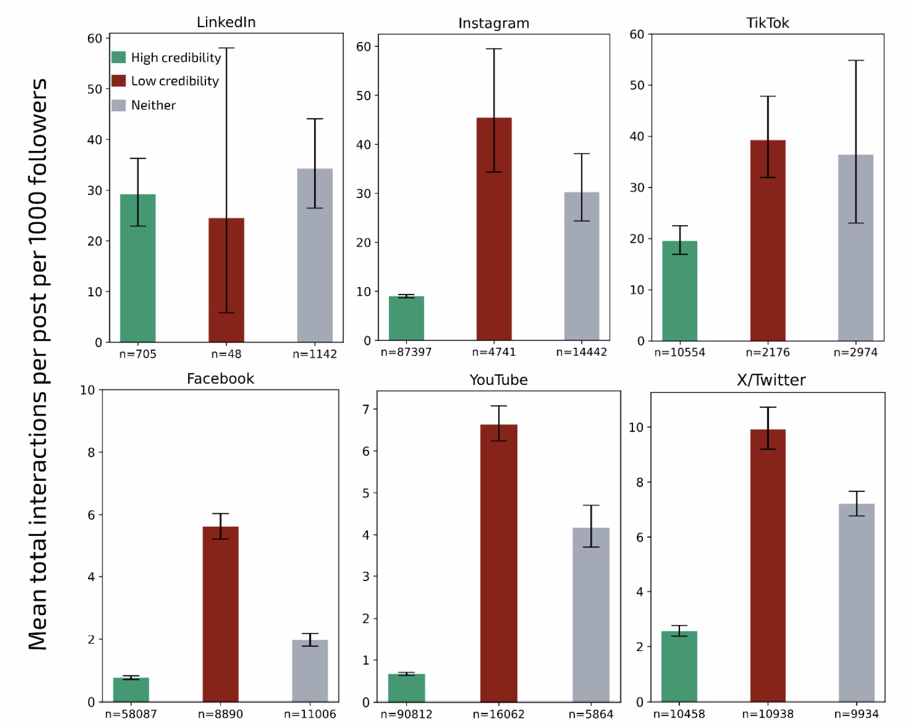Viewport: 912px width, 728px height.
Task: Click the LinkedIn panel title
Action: pos(226,23)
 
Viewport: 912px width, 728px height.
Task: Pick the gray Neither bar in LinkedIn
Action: pos(315,255)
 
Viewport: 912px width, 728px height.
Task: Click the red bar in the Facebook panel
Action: pos(220,614)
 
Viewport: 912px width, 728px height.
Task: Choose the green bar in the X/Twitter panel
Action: pos(679,666)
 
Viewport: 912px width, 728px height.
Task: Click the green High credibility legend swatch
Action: pos(119,57)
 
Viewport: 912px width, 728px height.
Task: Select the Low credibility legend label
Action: pos(175,81)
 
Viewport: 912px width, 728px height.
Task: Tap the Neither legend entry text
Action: pos(153,105)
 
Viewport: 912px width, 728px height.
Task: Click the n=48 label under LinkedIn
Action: pos(226,354)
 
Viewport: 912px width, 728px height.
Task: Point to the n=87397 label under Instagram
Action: pos(406,352)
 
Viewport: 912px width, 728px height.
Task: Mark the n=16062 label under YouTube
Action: pos(498,714)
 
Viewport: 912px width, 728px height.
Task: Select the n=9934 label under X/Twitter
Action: pos(856,714)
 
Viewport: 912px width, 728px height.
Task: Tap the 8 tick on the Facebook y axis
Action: pos(91,453)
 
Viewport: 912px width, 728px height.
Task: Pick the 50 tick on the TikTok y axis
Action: pos(637,86)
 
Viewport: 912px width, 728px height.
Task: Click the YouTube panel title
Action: pos(498,380)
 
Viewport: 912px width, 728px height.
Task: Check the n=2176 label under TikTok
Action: pos(767,352)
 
